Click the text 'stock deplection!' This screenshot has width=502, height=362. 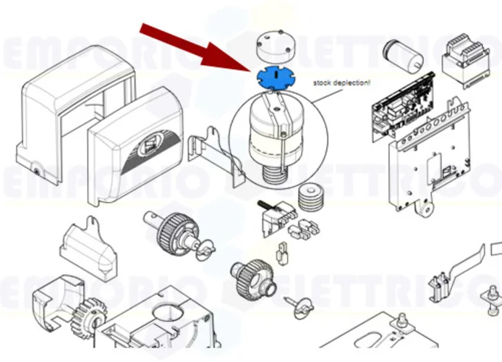(x=341, y=83)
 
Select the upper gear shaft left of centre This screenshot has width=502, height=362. (x=174, y=227)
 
